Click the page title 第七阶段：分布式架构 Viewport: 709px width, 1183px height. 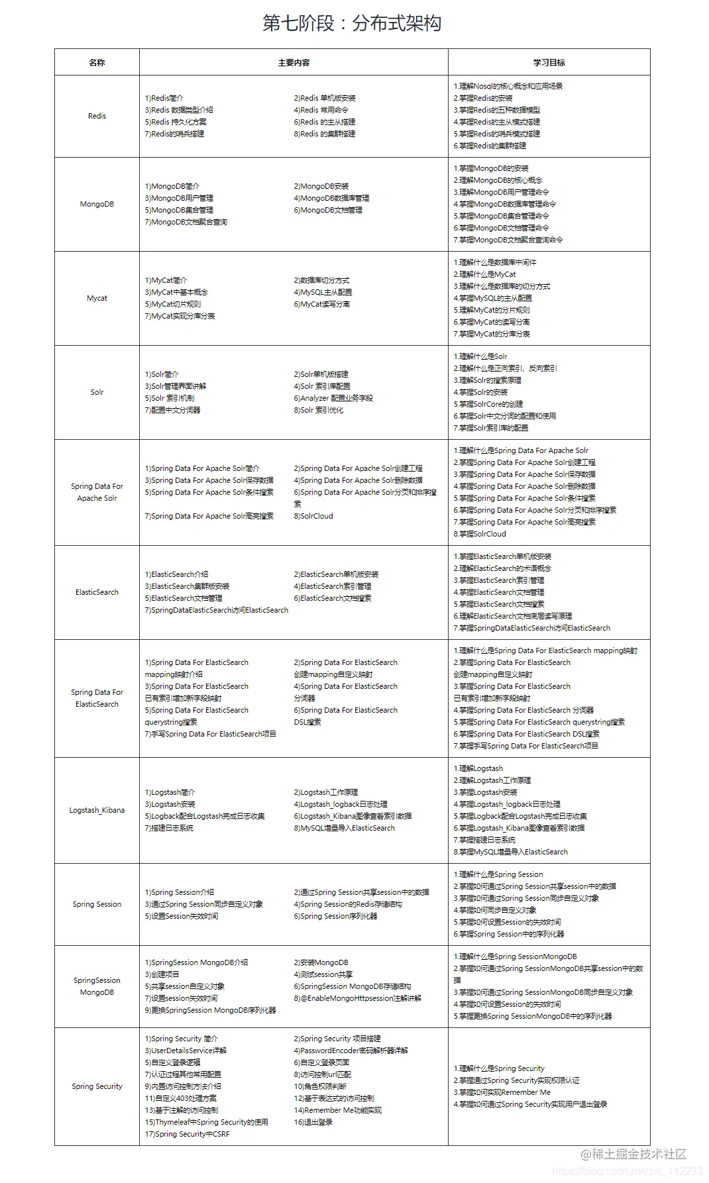pyautogui.click(x=352, y=23)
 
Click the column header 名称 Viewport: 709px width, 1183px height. pyautogui.click(x=97, y=62)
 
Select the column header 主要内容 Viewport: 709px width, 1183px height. pyautogui.click(x=294, y=62)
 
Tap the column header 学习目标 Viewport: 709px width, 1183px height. pyautogui.click(x=549, y=62)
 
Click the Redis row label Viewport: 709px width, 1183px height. pyautogui.click(x=97, y=116)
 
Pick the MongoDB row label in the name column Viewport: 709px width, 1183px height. pyautogui.click(x=97, y=204)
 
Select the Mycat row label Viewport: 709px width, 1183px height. pyautogui.click(x=97, y=298)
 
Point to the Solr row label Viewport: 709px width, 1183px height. pyautogui.click(x=97, y=392)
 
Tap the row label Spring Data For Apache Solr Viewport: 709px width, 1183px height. pyautogui.click(x=97, y=492)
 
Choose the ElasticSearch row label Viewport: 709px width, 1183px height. pyautogui.click(x=97, y=592)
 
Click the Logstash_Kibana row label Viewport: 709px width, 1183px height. pyautogui.click(x=97, y=810)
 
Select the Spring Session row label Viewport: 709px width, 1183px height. pyautogui.click(x=97, y=904)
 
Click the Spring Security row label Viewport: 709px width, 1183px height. pyautogui.click(x=97, y=1086)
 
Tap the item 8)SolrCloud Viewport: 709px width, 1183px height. pyautogui.click(x=313, y=516)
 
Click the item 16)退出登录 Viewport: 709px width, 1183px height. pyautogui.click(x=313, y=1122)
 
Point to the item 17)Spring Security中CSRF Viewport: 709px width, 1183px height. pyautogui.click(x=188, y=1134)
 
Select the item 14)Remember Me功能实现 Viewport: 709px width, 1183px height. pyautogui.click(x=338, y=1110)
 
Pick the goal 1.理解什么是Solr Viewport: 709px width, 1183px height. pyautogui.click(x=480, y=356)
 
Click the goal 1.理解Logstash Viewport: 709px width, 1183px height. pyautogui.click(x=478, y=768)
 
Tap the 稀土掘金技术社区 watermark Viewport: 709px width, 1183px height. pyautogui.click(x=633, y=1154)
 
